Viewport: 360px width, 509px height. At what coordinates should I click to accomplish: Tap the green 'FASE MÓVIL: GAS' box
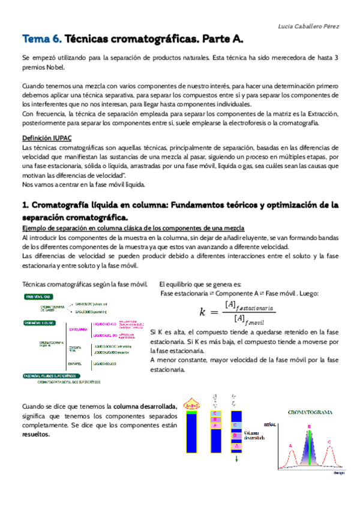click(38, 297)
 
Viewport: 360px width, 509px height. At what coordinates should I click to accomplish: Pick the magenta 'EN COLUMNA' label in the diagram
click(78, 329)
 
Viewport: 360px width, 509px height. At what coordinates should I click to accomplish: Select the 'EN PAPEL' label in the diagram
click(76, 363)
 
